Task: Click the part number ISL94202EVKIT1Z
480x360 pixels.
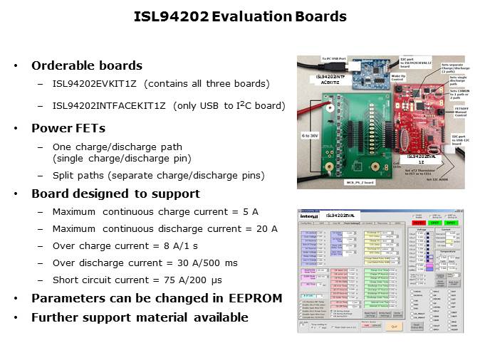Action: (x=92, y=84)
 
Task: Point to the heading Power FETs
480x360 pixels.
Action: (x=69, y=129)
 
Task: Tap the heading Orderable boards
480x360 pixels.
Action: (x=87, y=65)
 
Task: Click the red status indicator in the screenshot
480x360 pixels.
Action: (x=418, y=222)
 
